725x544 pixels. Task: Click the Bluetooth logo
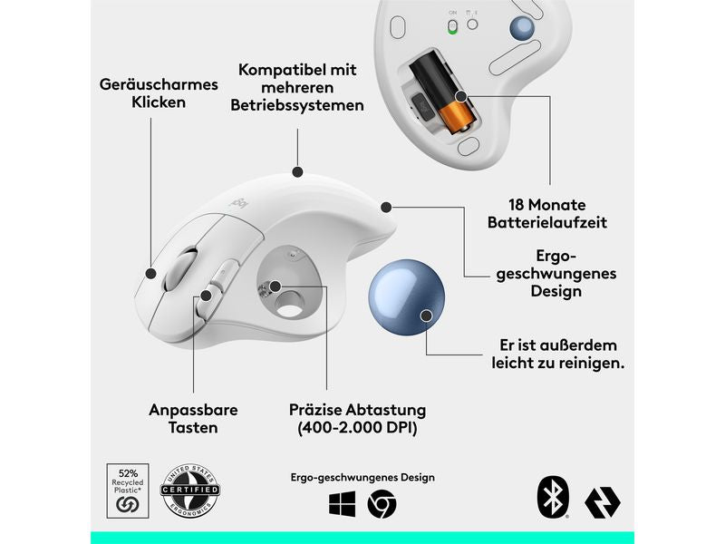pos(552,498)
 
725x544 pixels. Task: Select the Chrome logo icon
pos(382,503)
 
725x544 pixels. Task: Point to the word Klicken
pos(159,102)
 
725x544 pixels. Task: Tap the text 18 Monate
pos(546,204)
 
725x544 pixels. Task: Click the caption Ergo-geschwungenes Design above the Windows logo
pos(362,477)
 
